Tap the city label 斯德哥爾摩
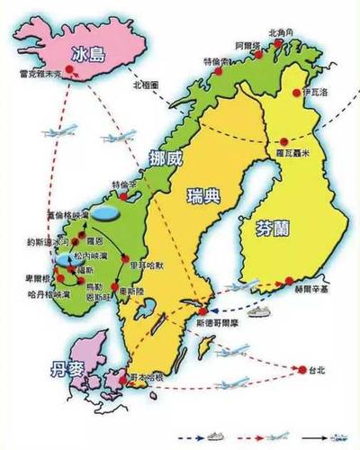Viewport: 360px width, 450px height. tap(213, 325)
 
